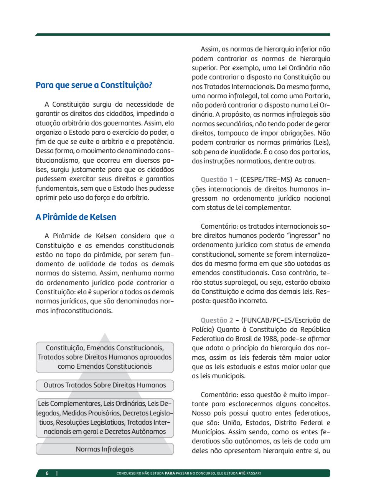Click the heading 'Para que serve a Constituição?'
(x=94, y=85)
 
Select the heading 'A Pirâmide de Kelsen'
(x=76, y=217)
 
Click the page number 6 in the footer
(x=47, y=473)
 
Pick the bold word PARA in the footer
(x=170, y=473)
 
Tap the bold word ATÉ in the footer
(x=242, y=473)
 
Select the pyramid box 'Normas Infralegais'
(x=105, y=449)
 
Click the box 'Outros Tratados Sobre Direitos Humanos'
(x=105, y=385)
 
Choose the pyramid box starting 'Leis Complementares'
(x=105, y=417)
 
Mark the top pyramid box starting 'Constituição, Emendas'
(x=105, y=357)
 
